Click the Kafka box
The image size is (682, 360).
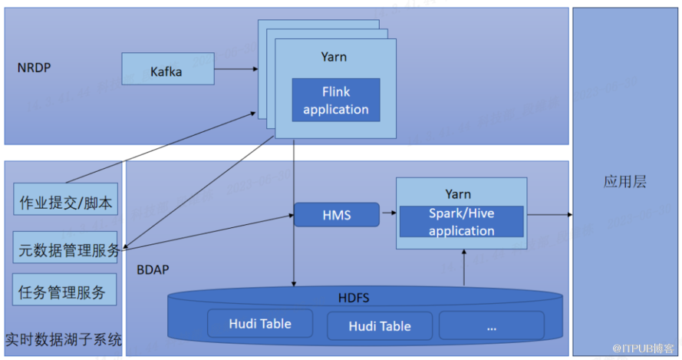click(x=166, y=71)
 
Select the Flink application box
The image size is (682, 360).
click(x=335, y=101)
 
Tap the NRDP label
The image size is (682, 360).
click(x=34, y=68)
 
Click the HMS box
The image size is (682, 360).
click(x=336, y=215)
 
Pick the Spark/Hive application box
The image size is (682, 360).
click(x=461, y=222)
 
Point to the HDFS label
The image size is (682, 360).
click(x=354, y=297)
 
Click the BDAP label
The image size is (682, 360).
click(x=153, y=271)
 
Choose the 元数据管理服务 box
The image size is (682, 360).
click(x=65, y=248)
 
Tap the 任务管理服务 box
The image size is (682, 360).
click(x=65, y=291)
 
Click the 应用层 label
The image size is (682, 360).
click(x=624, y=182)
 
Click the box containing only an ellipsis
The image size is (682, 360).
click(x=491, y=325)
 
